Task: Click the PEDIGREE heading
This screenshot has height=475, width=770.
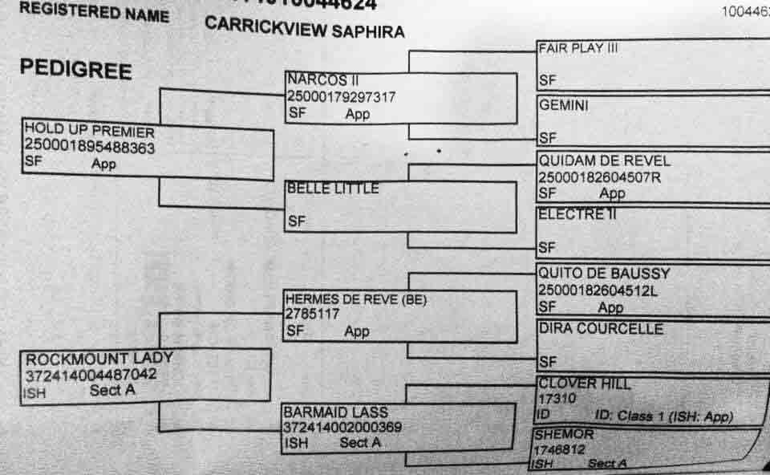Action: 75,70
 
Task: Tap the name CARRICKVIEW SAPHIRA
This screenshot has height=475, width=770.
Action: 304,30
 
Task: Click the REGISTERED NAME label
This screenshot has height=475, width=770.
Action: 94,12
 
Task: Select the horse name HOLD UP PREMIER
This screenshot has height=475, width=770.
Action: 89,132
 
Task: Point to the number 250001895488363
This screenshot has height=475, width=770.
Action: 89,148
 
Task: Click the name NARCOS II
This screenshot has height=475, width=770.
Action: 318,81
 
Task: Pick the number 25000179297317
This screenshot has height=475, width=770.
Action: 341,97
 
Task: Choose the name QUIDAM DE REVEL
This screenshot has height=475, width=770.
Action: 604,161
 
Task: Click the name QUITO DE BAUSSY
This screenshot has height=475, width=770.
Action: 604,274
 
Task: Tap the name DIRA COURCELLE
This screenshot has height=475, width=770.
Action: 601,329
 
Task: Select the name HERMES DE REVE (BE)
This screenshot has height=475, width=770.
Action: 356,300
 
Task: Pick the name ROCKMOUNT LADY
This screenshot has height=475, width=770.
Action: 99,359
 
